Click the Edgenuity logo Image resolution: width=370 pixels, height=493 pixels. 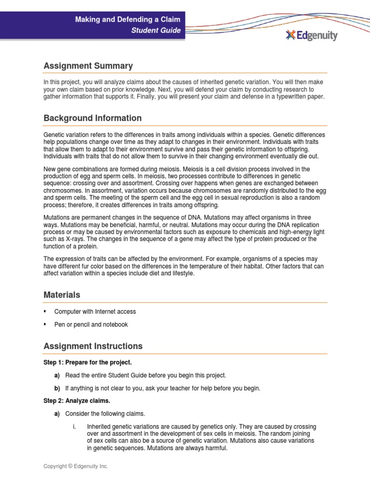(312, 35)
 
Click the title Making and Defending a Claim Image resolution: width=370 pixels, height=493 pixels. (128, 19)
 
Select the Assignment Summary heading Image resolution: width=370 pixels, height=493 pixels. (88, 66)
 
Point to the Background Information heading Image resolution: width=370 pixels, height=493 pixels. (92, 118)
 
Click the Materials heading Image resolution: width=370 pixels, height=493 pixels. (62, 295)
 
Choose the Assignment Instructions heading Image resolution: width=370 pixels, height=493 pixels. (93, 346)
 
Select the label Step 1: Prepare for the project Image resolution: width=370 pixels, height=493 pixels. (87, 362)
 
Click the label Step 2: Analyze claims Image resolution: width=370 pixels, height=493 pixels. (77, 401)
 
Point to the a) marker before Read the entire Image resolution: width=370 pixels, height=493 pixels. (57, 375)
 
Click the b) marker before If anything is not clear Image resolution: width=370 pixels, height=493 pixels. (57, 388)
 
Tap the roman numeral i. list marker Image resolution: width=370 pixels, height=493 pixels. (75, 427)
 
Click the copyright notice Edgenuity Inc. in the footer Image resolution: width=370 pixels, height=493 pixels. (76, 467)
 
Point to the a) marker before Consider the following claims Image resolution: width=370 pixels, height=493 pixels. (57, 414)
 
